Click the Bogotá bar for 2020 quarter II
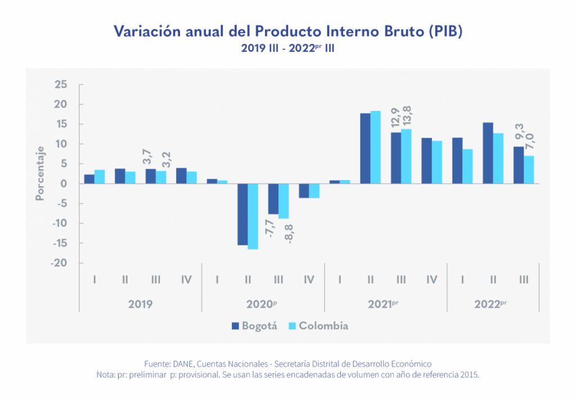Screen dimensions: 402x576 click(242, 214)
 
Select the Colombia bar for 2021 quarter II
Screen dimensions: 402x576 click(376, 147)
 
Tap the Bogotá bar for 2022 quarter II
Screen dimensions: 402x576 click(488, 153)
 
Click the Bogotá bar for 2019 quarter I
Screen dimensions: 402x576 click(89, 179)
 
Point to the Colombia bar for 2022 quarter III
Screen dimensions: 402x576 click(529, 169)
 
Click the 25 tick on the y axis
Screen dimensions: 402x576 click(61, 84)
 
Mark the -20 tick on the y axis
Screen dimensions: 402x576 click(59, 263)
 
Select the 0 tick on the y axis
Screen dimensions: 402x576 click(65, 184)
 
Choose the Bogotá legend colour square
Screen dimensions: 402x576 click(236, 326)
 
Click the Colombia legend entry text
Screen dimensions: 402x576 click(323, 326)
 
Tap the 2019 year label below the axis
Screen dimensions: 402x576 click(140, 304)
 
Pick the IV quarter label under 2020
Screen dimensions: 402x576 click(309, 279)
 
